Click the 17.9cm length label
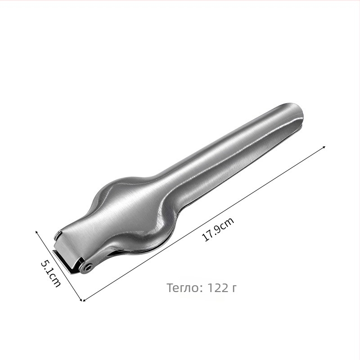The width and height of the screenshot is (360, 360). (x=218, y=229)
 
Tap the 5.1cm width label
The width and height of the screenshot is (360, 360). (x=50, y=273)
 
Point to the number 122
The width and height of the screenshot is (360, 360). (x=217, y=288)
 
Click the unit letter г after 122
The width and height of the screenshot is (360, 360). (x=234, y=288)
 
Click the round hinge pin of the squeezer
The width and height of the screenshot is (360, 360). (x=88, y=267)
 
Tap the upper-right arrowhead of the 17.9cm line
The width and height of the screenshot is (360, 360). (x=324, y=147)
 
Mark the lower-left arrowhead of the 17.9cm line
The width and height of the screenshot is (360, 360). (x=84, y=300)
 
